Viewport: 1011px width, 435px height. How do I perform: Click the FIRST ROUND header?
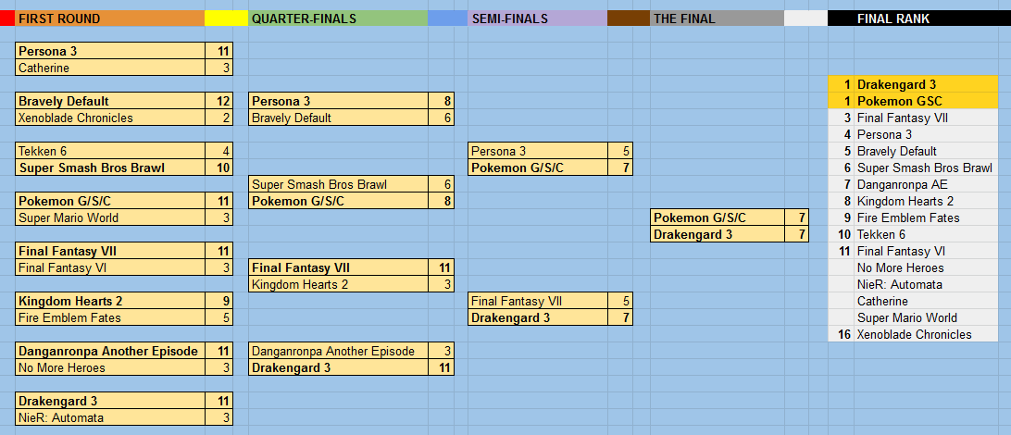point(59,19)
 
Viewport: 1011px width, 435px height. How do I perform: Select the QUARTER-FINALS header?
point(304,19)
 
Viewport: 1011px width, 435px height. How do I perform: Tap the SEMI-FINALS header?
point(510,19)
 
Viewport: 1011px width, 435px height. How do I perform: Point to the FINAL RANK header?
point(893,19)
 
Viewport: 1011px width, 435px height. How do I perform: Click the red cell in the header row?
point(7,19)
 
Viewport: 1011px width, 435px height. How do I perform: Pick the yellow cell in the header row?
point(226,19)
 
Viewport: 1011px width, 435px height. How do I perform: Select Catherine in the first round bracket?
point(44,68)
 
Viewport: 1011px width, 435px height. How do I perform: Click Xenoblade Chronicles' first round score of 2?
point(226,118)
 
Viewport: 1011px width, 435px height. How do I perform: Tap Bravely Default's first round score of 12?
point(223,101)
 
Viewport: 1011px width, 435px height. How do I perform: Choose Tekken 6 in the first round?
point(43,152)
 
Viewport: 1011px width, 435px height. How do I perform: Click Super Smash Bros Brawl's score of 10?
point(223,168)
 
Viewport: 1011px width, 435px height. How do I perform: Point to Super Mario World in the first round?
point(69,217)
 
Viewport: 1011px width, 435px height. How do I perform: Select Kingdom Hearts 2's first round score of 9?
point(226,301)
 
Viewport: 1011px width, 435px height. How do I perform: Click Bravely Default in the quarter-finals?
point(292,118)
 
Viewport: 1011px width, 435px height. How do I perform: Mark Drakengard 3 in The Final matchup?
point(693,234)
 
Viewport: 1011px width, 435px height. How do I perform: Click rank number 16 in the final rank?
point(844,334)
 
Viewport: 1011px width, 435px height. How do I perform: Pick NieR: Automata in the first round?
point(61,417)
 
